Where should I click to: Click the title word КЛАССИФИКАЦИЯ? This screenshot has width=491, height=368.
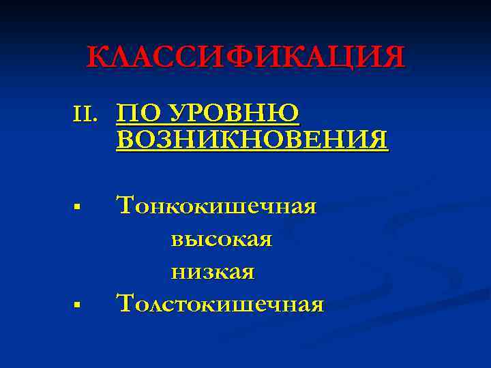pyautogui.click(x=245, y=57)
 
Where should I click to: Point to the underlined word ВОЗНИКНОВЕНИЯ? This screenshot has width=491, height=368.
pyautogui.click(x=252, y=140)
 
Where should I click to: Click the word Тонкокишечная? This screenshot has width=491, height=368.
pyautogui.click(x=217, y=205)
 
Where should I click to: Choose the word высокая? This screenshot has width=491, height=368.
pyautogui.click(x=221, y=239)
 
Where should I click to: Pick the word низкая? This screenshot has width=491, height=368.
pyautogui.click(x=212, y=273)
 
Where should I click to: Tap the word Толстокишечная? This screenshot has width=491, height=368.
pyautogui.click(x=220, y=303)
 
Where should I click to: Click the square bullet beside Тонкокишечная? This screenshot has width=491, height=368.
pyautogui.click(x=80, y=205)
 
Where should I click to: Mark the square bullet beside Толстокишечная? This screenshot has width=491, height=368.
pyautogui.click(x=80, y=303)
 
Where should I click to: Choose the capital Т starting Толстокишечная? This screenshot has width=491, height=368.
pyautogui.click(x=125, y=303)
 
